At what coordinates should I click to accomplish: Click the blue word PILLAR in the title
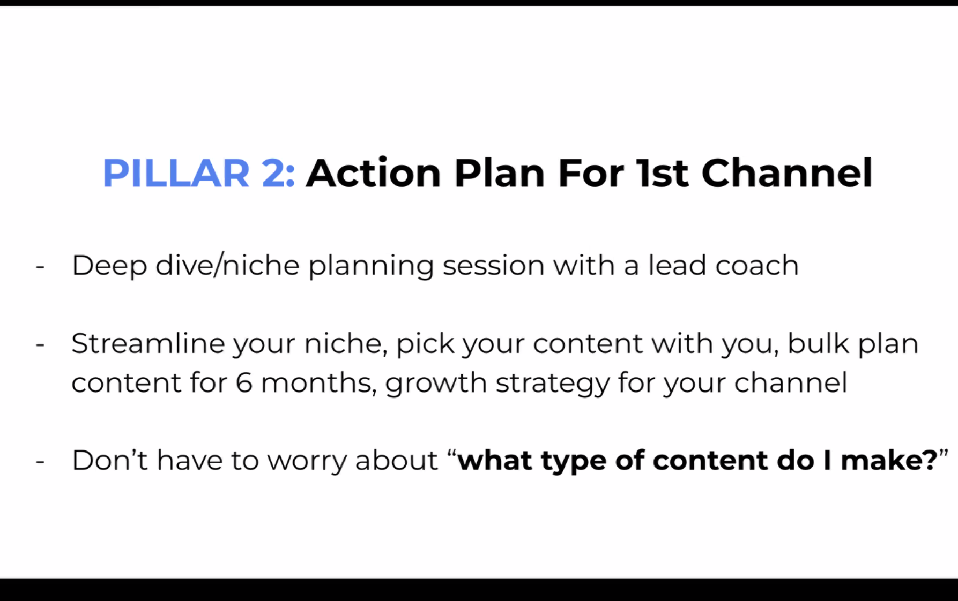(x=176, y=174)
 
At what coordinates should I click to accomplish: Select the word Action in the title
(x=373, y=172)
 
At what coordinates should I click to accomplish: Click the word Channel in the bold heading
(x=787, y=172)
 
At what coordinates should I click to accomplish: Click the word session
(x=494, y=266)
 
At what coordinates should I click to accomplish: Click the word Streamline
(x=148, y=343)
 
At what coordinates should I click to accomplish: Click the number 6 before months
(x=244, y=383)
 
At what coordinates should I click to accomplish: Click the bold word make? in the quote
(x=889, y=460)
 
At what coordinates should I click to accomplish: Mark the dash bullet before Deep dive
(x=40, y=266)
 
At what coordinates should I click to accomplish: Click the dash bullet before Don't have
(x=40, y=461)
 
